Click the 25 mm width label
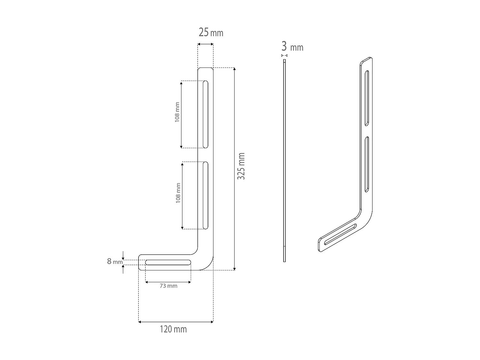pos(211,32)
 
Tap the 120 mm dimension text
pos(173,329)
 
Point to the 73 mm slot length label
pos(168,286)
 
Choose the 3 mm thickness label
pos(292,47)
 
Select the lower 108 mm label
pos(178,193)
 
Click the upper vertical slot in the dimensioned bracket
pos(205,114)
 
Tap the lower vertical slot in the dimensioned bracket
pos(205,196)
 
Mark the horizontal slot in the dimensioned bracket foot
pos(168,262)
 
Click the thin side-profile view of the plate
pos(284,160)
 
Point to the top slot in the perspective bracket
pos(367,98)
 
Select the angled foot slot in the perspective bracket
pos(340,234)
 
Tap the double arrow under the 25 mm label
pos(205,44)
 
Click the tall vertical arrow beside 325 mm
pos(235,169)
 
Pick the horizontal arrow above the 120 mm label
pos(176,322)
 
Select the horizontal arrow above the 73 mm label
pos(168,282)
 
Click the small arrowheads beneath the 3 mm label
pos(284,56)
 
